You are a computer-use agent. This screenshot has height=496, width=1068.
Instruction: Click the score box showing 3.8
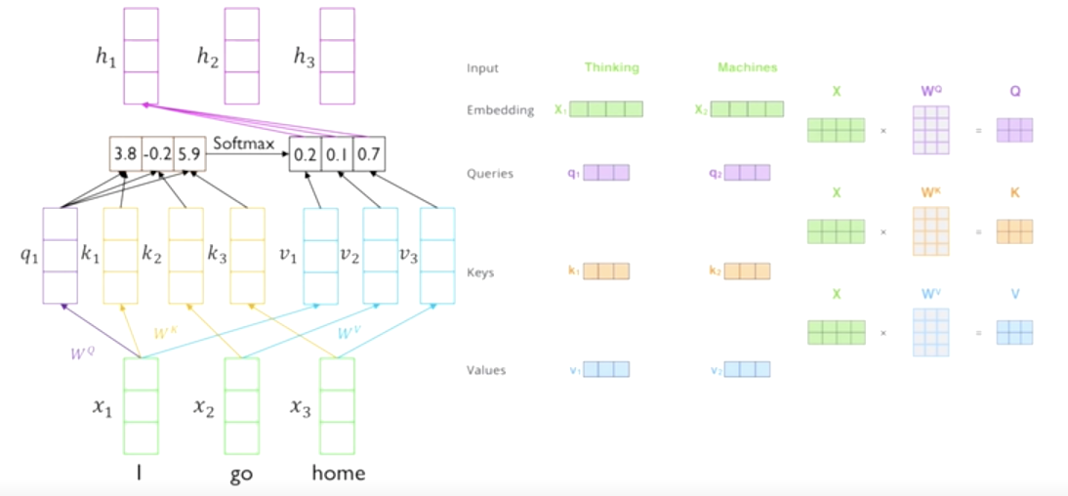tap(126, 153)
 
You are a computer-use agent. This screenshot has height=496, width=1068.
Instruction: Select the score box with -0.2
tap(157, 153)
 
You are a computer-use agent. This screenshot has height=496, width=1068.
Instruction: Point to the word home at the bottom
tap(338, 474)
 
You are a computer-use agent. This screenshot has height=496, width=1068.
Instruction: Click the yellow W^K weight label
tap(167, 333)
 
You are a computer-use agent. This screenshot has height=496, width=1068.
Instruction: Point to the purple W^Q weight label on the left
tap(83, 353)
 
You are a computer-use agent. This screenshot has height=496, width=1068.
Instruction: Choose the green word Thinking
tap(611, 67)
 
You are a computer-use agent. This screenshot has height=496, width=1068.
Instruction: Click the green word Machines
tap(747, 67)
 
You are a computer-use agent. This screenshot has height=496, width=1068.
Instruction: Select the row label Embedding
tap(500, 110)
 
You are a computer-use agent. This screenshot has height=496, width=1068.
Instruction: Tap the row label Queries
tap(490, 174)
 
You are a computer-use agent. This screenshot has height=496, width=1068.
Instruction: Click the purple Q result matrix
tap(1014, 130)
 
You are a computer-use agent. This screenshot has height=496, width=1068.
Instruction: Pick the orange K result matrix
tap(1014, 230)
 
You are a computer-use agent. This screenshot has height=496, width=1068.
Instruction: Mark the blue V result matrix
tap(1014, 332)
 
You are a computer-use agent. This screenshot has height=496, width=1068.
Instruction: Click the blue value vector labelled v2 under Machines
tap(748, 370)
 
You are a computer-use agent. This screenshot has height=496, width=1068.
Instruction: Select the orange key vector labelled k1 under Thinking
tap(606, 271)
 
